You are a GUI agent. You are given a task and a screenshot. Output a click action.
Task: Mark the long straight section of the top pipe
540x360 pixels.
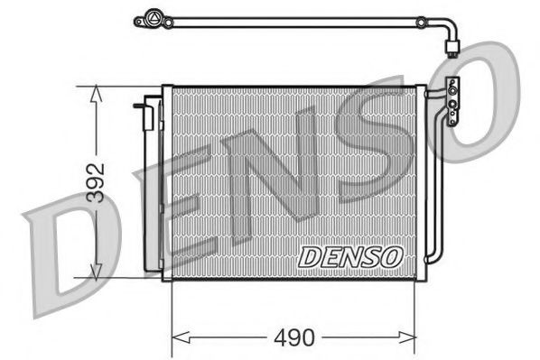click(x=298, y=19)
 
